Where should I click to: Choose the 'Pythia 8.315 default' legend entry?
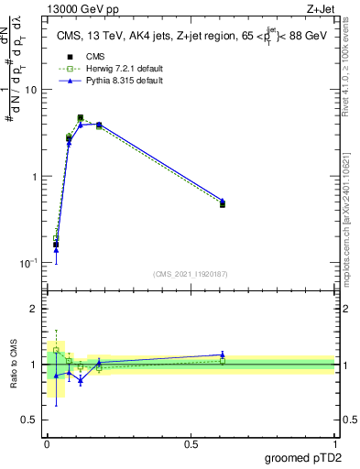pyautogui.click(x=109, y=81)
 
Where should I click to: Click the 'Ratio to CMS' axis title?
pyautogui.click(x=14, y=364)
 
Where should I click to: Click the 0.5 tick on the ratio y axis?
pyautogui.click(x=29, y=420)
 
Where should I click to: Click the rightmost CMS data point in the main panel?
pyautogui.click(x=223, y=204)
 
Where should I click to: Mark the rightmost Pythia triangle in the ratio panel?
pyautogui.click(x=223, y=354)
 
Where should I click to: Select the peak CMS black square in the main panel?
pyautogui.click(x=81, y=118)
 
